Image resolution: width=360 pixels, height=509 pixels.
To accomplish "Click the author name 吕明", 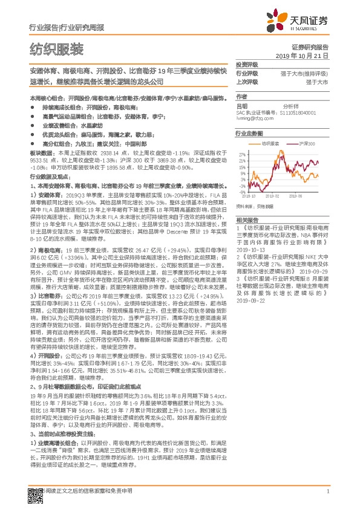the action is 241,106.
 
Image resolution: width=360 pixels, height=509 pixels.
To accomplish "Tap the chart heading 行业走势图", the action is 249,133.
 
